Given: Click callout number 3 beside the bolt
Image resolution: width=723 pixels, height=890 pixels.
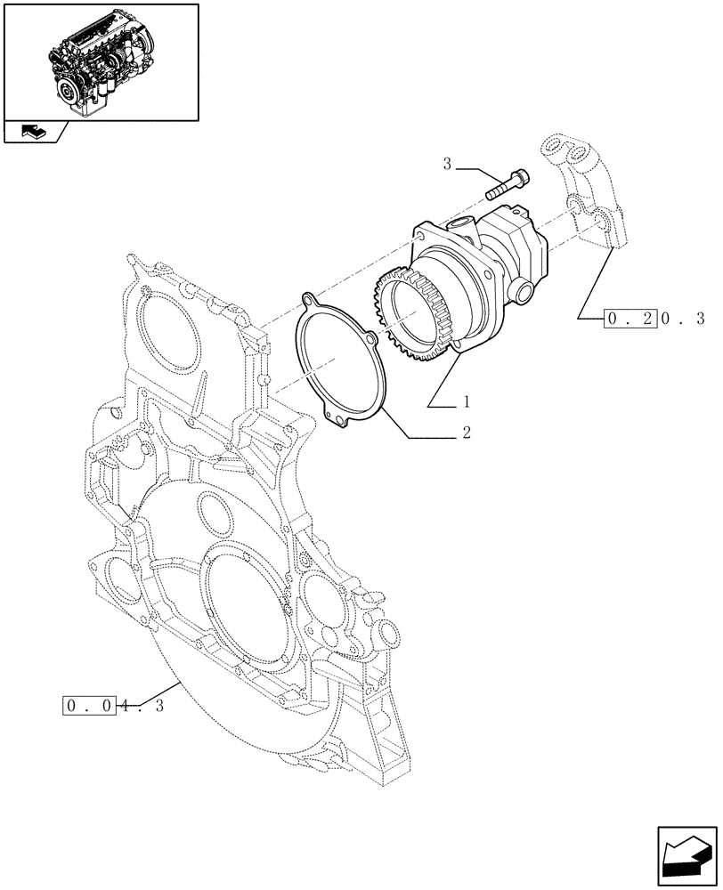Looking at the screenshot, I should point(448,164).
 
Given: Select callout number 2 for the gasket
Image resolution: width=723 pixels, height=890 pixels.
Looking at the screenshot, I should point(465,433).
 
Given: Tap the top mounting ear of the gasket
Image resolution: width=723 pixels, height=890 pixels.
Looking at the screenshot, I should point(309,299).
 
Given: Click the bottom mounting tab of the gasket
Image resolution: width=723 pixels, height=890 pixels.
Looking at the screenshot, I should point(336,417).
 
